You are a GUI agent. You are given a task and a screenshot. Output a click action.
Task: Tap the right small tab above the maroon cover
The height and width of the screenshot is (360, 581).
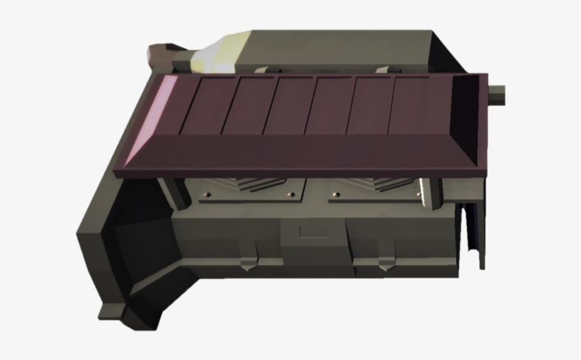(385, 69)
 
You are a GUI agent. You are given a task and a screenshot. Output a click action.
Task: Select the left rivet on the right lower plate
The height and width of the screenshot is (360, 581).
(331, 193)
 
